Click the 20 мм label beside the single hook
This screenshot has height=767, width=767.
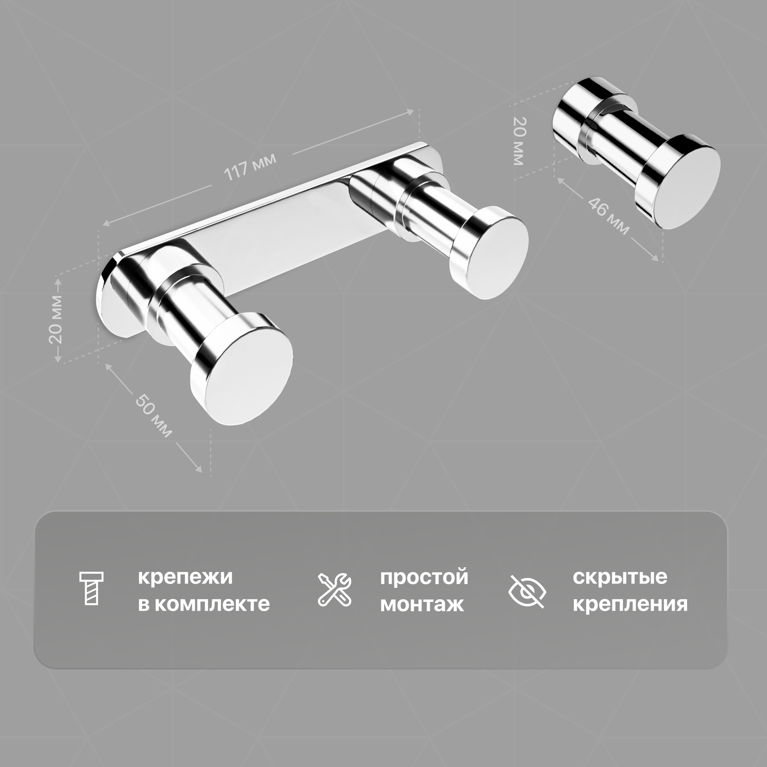pos(519,141)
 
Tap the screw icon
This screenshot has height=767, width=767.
pos(91,588)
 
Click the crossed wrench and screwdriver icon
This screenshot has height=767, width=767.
pos(335,590)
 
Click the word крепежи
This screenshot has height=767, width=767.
pos(185,577)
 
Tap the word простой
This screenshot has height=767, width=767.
pos(424,577)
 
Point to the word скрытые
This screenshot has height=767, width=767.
pos(620,577)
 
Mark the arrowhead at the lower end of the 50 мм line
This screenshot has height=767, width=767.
pos(199,470)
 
